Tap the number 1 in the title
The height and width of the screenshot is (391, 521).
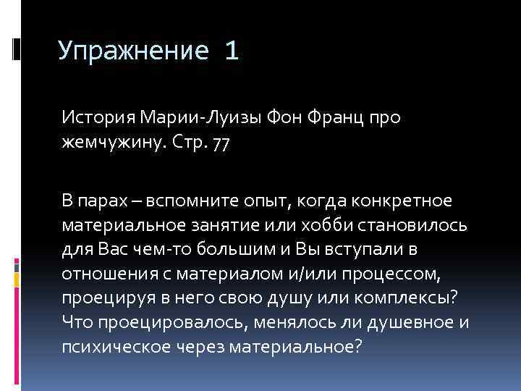pos(231,51)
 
